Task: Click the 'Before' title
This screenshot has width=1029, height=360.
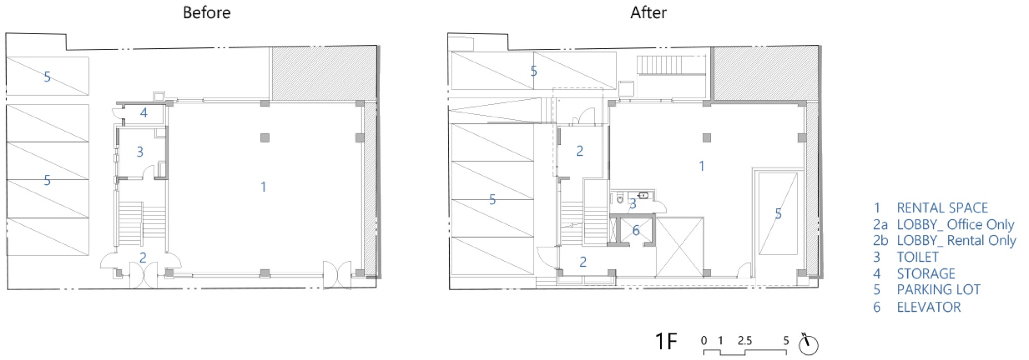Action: [x=206, y=12]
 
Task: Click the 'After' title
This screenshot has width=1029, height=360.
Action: [x=648, y=12]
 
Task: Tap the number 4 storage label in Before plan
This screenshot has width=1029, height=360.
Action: [x=144, y=113]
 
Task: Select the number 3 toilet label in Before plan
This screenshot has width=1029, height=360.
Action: [x=140, y=152]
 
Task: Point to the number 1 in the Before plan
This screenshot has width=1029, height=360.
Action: [x=263, y=187]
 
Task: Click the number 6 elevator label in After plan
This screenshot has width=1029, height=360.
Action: [x=636, y=230]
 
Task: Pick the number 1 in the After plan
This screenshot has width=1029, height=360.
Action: [x=702, y=166]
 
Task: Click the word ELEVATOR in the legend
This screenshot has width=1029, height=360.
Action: [x=929, y=307]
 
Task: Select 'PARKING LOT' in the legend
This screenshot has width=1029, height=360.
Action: [x=938, y=290]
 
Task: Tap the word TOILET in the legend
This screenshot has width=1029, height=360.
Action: [x=917, y=257]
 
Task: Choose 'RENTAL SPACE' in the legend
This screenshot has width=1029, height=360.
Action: [x=942, y=208]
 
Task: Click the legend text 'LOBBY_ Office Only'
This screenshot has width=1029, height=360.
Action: [x=955, y=225]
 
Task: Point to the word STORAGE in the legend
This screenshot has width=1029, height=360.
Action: [x=926, y=274]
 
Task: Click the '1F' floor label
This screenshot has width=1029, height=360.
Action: [x=666, y=341]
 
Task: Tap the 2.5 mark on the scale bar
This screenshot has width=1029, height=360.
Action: [x=744, y=340]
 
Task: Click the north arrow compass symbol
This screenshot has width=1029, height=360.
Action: [x=808, y=344]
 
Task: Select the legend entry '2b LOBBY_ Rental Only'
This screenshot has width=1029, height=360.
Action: [x=944, y=241]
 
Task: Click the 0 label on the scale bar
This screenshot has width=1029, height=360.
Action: [x=704, y=340]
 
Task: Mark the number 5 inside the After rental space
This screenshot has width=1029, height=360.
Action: [x=778, y=214]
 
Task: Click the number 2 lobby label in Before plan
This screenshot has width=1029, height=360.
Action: [x=143, y=258]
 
